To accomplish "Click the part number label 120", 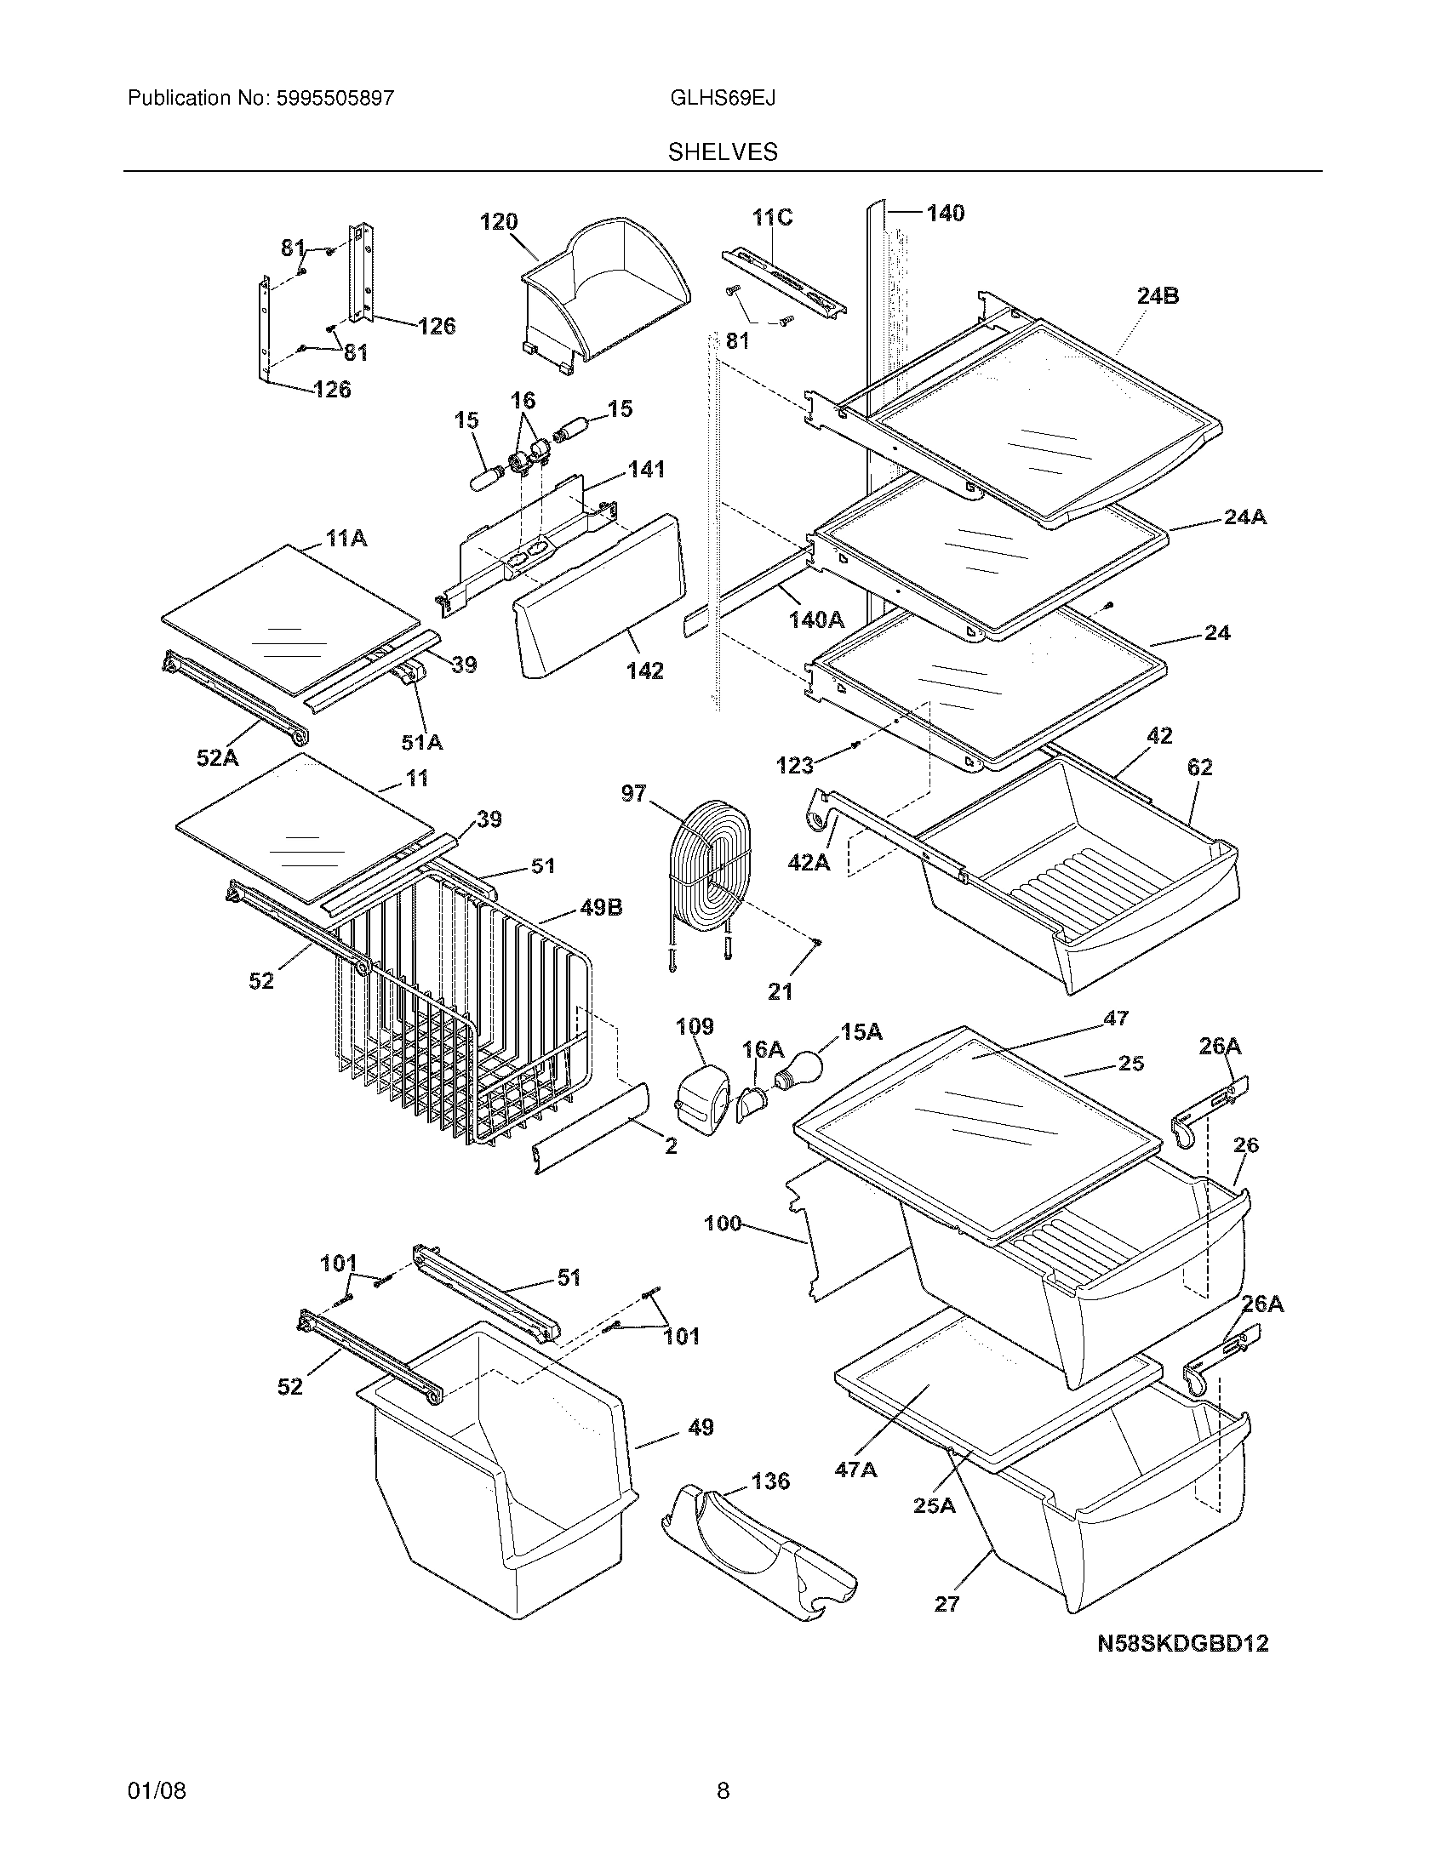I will [x=498, y=222].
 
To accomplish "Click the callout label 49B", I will [x=601, y=907].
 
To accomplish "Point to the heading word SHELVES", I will [x=723, y=151].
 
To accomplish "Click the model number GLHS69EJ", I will [x=723, y=98].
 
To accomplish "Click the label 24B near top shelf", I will [x=1158, y=296].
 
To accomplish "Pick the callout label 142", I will [x=644, y=671].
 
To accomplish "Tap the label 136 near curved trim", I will [x=769, y=1481].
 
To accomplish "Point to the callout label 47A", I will [x=855, y=1470].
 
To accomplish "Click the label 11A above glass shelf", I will [x=346, y=539].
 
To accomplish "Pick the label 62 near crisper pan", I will [x=1199, y=768].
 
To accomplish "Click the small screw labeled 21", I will [x=817, y=943].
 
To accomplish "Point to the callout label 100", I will [x=722, y=1223].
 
